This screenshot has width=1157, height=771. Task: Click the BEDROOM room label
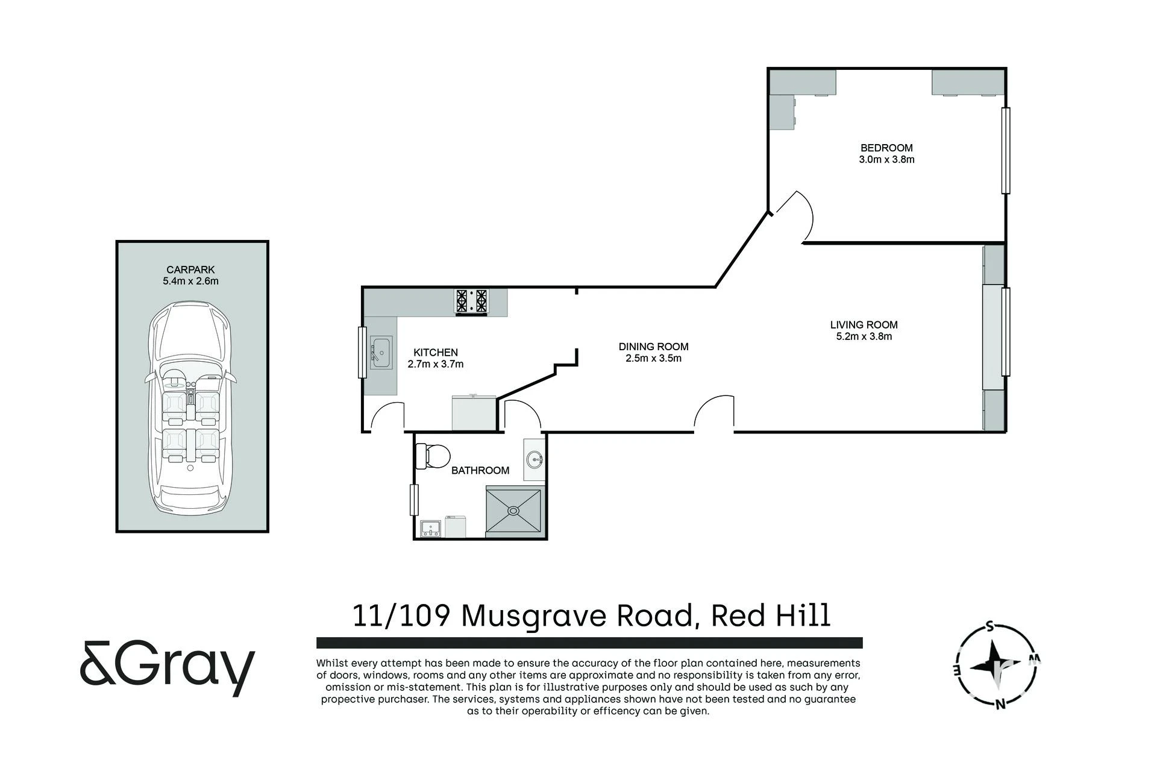pos(886,148)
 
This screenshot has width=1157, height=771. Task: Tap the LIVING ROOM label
pos(864,325)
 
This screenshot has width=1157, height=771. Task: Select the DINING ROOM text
pos(653,347)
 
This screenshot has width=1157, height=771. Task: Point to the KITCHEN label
pos(436,353)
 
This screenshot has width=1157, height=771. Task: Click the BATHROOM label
pos(480,471)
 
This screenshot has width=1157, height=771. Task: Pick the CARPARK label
pos(190,270)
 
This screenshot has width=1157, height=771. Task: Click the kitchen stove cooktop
pos(471,302)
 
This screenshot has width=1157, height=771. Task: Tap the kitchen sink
pos(381,352)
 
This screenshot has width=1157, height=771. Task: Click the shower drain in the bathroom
pos(513,511)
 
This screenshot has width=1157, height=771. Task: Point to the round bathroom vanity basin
pos(535,460)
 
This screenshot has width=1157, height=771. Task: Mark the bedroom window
pos(1005,150)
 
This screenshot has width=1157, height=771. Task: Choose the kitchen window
pos(362,353)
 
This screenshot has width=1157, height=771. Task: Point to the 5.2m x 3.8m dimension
pos(864,337)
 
